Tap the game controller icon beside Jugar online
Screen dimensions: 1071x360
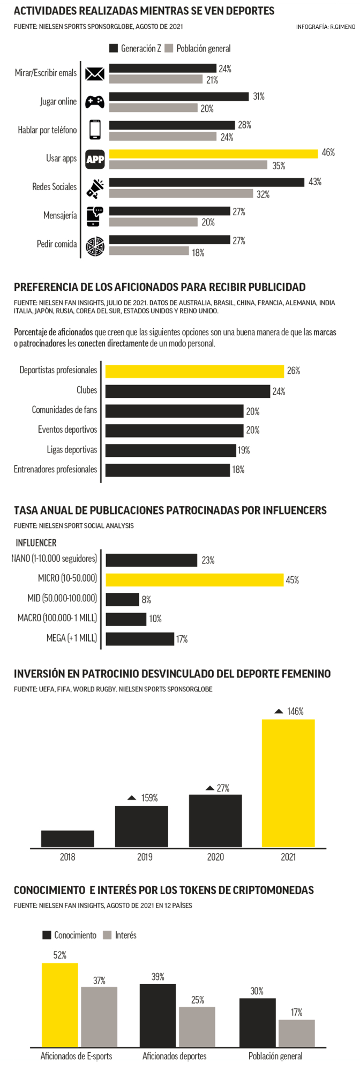point(95,102)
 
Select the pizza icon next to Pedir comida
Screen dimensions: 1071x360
point(95,245)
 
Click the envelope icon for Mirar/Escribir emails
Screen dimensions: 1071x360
point(95,73)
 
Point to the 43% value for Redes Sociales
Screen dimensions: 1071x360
point(315,182)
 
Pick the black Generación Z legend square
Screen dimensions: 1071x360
point(114,49)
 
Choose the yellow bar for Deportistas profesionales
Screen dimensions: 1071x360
point(194,371)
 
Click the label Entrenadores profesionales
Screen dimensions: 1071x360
point(56,470)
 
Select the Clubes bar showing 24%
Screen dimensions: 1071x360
point(187,391)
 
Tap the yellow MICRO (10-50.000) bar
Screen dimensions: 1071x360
point(194,580)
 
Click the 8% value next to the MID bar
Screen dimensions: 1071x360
point(146,600)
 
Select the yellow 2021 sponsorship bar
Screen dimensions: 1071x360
point(288,783)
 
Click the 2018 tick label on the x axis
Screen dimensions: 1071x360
point(67,857)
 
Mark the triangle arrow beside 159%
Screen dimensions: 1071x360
point(132,798)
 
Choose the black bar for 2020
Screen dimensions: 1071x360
point(215,821)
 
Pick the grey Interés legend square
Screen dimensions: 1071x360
point(107,935)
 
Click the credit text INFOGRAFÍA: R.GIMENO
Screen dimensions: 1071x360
point(325,26)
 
